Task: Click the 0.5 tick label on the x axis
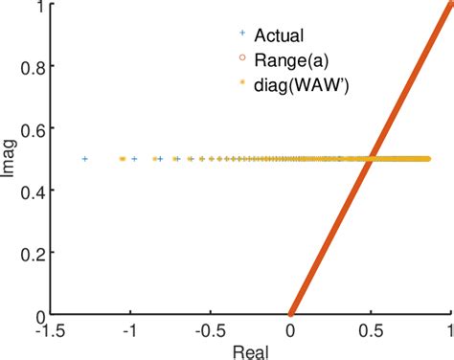tap(370, 328)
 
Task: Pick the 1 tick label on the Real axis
tap(448, 328)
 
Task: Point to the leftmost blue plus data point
tap(85, 159)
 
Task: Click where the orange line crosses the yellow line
tap(370, 159)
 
